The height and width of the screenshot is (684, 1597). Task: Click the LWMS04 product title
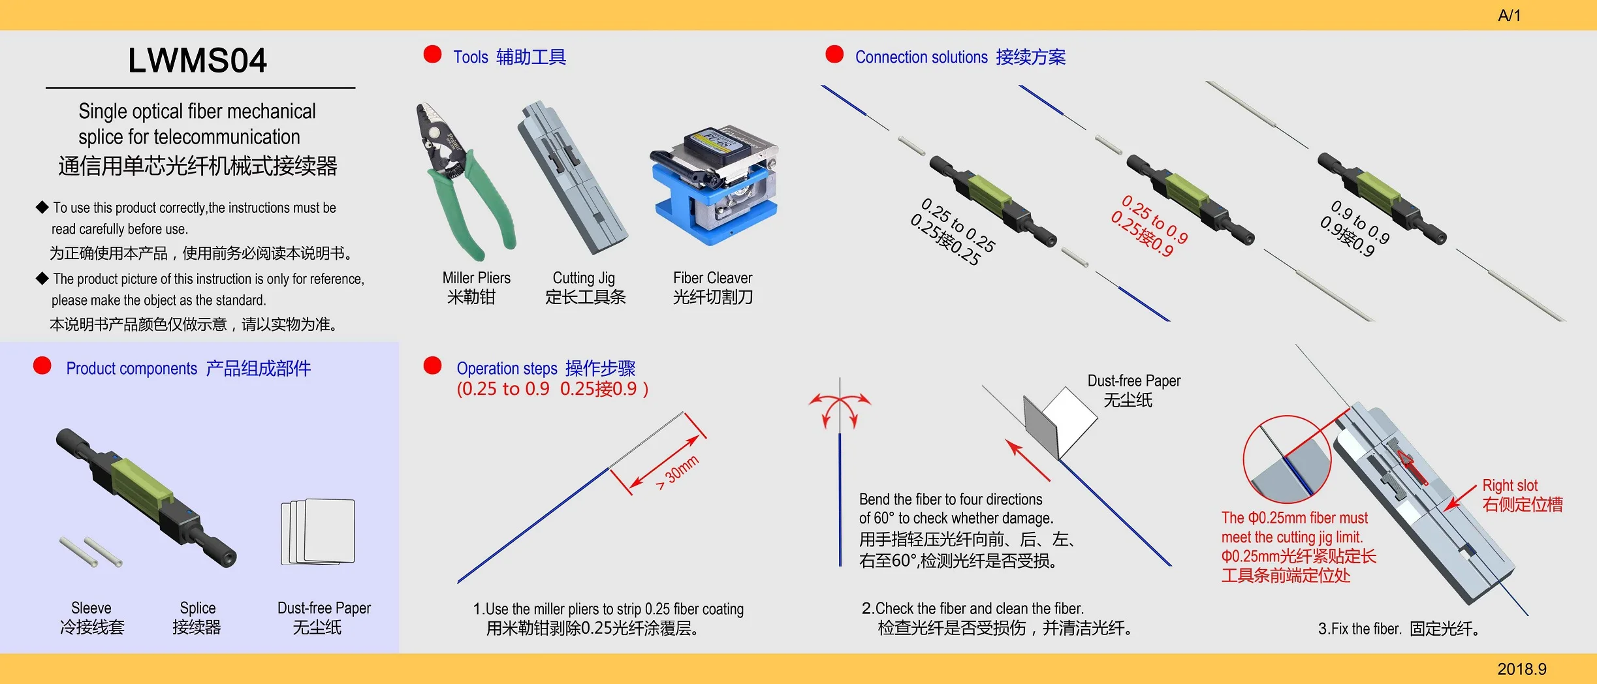coord(197,61)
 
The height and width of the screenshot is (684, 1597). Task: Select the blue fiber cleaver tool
coord(715,186)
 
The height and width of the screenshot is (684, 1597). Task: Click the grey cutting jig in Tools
coord(571,176)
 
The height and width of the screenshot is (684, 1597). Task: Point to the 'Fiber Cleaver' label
coord(712,278)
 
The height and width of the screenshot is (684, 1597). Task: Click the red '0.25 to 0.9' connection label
coord(1154,219)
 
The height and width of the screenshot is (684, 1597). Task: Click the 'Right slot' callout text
coord(1510,486)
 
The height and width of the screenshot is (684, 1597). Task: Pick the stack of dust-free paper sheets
coord(319,531)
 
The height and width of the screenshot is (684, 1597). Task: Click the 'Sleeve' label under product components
coord(91,608)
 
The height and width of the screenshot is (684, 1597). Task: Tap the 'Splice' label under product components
coord(197,608)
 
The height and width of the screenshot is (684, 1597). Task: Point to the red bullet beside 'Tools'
coord(432,54)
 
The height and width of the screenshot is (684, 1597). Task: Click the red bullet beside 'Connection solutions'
coord(834,54)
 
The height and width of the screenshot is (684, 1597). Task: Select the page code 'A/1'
coord(1509,16)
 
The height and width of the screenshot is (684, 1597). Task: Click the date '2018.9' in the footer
coord(1521,669)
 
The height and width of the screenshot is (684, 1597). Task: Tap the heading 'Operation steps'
coord(507,369)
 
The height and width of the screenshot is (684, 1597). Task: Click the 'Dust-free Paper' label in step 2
coord(1133,381)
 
